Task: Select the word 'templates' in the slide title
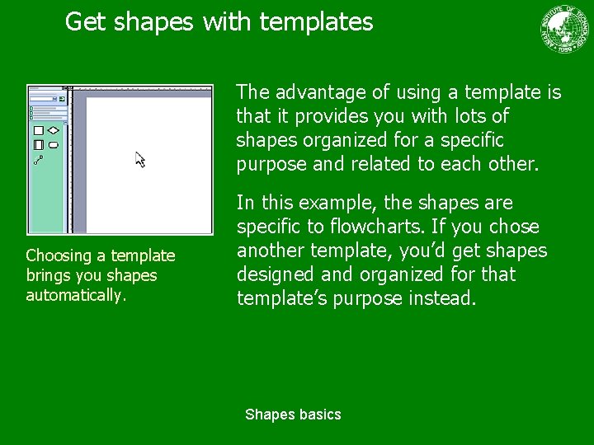pos(316,22)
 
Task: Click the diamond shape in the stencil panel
pos(53,130)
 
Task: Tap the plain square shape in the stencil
pos(38,130)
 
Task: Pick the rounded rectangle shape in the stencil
pos(53,145)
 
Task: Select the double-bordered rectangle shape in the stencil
pos(38,145)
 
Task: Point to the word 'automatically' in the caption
pos(73,295)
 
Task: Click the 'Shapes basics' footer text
pos(293,415)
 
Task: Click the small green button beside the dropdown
pos(63,99)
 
